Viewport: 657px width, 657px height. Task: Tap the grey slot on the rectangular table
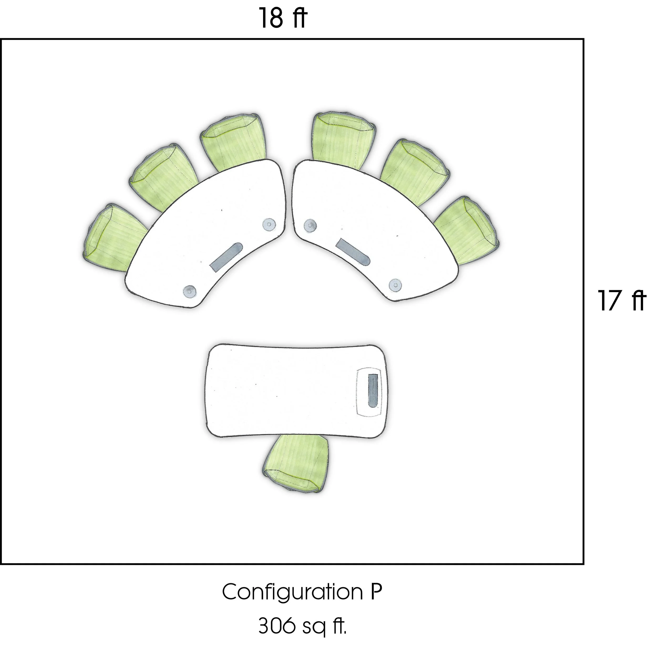click(x=373, y=390)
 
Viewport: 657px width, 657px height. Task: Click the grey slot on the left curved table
click(x=226, y=257)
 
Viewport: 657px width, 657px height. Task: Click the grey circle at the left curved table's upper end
click(x=269, y=224)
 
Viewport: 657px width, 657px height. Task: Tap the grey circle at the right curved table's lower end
click(x=395, y=284)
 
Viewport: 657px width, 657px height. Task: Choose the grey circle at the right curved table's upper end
click(x=310, y=225)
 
